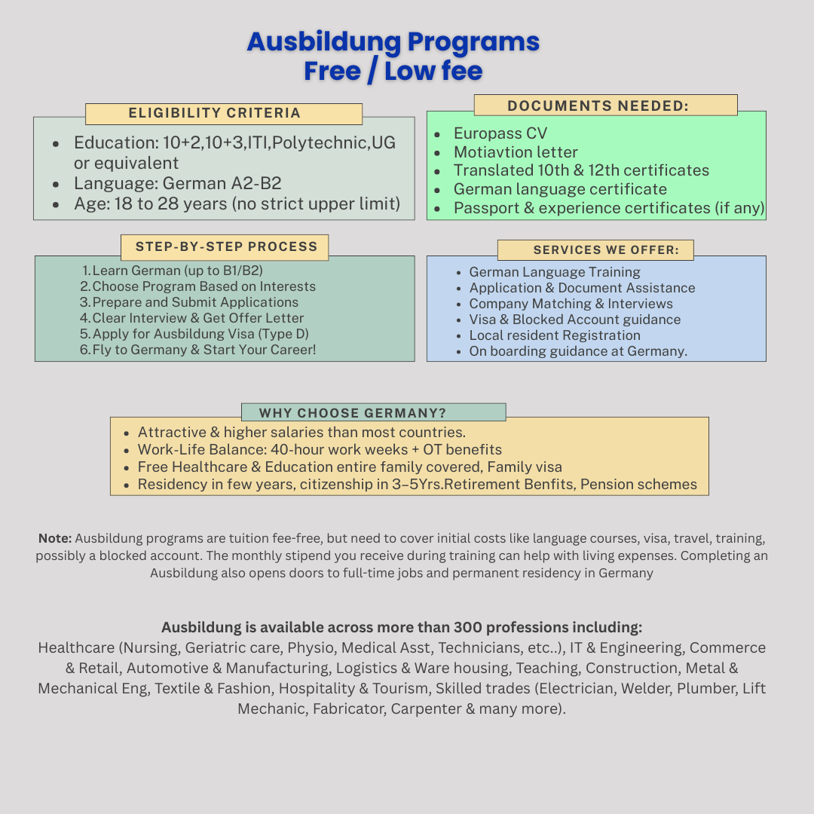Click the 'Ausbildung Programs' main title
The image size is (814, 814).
tap(393, 41)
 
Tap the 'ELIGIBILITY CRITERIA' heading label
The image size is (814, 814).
tap(215, 113)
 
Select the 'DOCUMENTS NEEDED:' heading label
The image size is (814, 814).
tap(598, 106)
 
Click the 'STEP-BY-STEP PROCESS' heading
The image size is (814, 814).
tap(226, 246)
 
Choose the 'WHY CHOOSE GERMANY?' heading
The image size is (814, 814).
tap(353, 413)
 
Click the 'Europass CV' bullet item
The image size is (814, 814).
tap(500, 133)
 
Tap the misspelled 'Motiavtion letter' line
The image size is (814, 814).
tap(516, 152)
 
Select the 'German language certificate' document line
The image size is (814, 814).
tap(560, 189)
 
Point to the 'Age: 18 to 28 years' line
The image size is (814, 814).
tap(237, 203)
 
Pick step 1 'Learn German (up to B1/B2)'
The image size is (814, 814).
tap(177, 271)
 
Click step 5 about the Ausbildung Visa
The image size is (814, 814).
tap(200, 334)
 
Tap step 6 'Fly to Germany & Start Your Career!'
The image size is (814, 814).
tap(203, 350)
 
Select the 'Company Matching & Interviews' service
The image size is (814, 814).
tap(571, 304)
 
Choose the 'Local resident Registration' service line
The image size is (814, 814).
tap(555, 335)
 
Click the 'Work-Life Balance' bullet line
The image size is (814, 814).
tap(320, 450)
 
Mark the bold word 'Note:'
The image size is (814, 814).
tap(55, 538)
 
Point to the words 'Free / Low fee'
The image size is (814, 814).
tap(393, 71)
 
